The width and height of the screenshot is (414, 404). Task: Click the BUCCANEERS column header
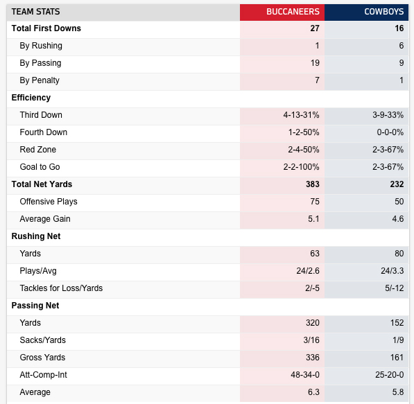point(293,12)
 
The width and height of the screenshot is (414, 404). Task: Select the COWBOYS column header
point(384,12)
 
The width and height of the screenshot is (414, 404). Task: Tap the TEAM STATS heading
point(35,12)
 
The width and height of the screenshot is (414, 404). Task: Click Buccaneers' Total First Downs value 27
point(315,28)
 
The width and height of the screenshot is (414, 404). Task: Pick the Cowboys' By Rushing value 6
point(402,46)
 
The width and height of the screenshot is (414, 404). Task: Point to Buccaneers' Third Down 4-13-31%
point(301,115)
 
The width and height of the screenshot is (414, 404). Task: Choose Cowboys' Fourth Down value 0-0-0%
point(390,132)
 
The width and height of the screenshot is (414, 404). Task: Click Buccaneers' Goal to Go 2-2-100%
point(301,167)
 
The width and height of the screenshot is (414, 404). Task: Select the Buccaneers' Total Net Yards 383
point(313,184)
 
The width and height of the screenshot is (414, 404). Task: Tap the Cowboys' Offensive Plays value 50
point(399,202)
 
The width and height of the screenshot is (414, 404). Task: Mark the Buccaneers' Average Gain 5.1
point(313,219)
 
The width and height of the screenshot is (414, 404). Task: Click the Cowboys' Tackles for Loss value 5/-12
point(395,288)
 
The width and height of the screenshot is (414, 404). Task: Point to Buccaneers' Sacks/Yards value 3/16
point(311,340)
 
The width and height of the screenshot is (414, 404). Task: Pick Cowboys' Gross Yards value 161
point(397,358)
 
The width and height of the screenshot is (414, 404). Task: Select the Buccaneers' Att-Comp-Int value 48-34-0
point(305,375)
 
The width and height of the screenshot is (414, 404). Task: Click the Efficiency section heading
point(31,98)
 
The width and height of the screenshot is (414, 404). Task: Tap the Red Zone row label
point(38,150)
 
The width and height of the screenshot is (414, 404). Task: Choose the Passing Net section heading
point(35,306)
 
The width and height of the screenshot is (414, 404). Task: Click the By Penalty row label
point(40,80)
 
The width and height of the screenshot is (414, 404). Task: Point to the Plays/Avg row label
point(38,271)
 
